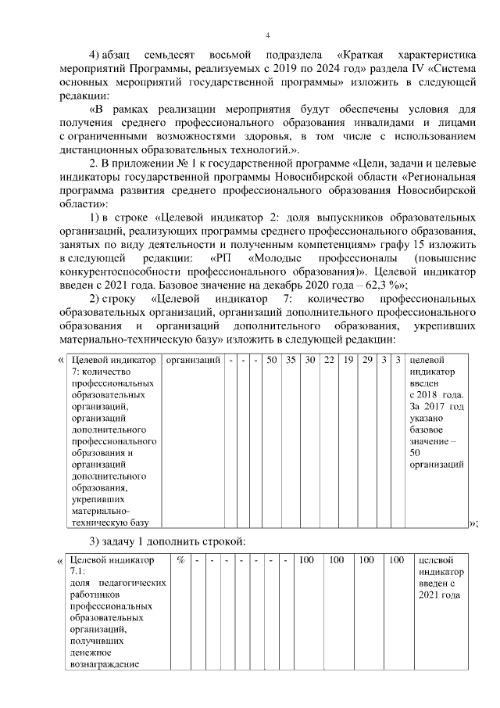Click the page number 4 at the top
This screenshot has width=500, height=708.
coord(267,36)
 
